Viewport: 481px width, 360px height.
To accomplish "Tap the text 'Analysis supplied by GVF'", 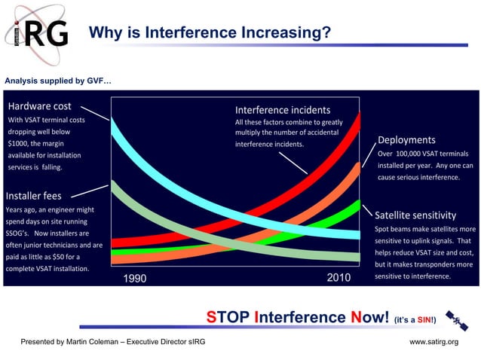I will point(58,80).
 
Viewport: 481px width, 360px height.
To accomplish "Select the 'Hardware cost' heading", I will point(39,106).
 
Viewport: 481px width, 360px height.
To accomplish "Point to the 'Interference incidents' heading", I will point(282,110).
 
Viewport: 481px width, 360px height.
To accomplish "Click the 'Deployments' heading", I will point(406,140).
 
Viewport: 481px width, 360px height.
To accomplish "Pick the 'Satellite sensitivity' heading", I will point(415,215).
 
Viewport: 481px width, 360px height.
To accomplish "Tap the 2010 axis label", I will point(339,278).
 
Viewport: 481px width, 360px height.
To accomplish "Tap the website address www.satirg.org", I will point(434,343).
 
